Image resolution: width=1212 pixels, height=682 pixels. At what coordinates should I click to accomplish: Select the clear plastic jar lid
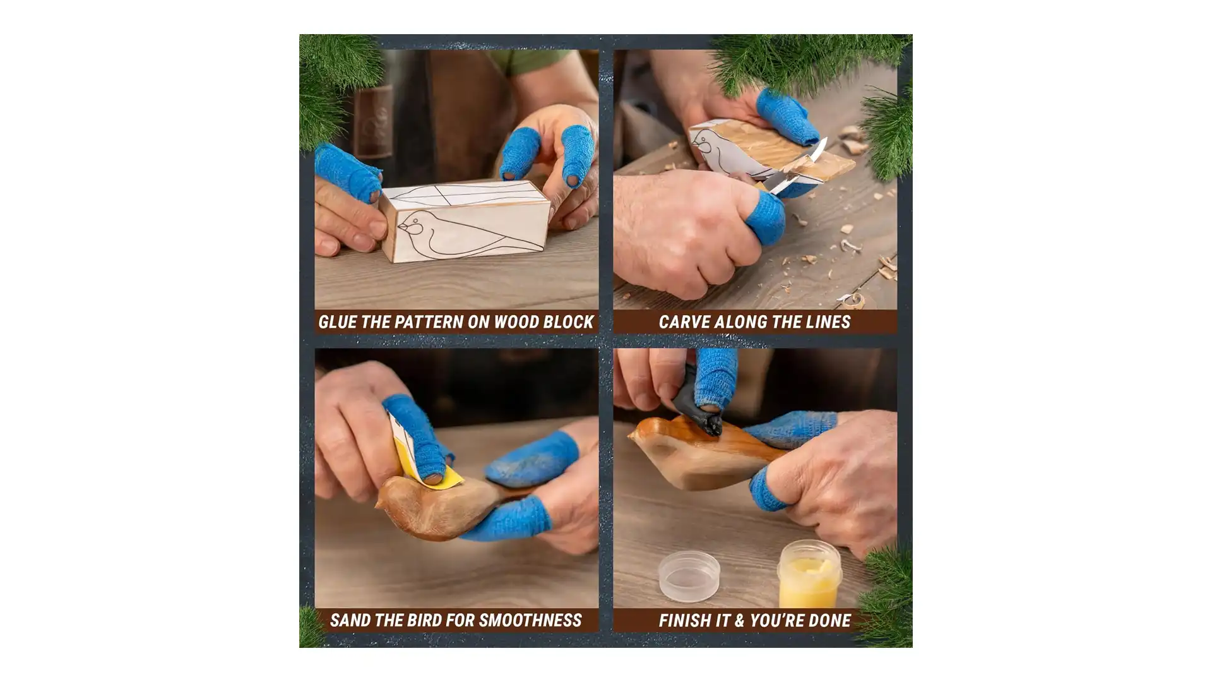[689, 576]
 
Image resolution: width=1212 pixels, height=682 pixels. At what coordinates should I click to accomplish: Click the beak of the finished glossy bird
[633, 435]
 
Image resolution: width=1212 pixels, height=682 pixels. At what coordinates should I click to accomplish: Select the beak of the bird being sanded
[379, 504]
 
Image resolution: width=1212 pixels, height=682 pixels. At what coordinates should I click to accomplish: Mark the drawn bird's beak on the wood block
[402, 229]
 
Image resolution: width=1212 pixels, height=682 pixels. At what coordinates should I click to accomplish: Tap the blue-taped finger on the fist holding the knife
[766, 215]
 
